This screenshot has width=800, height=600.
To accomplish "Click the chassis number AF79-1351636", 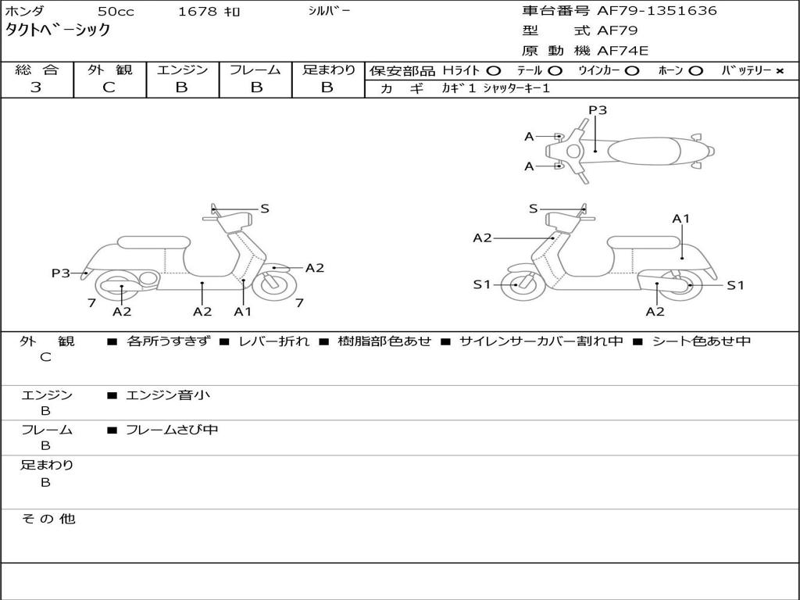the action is point(656,11).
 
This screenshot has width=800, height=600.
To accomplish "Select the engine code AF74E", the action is point(623,51).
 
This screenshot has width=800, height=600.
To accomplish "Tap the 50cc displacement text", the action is point(116,11).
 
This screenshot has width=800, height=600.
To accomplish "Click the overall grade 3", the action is point(36,87).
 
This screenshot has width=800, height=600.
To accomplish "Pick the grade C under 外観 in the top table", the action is point(109,87).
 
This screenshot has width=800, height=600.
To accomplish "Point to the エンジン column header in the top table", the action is point(182,70).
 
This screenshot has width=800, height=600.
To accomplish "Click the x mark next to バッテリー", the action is point(780,71).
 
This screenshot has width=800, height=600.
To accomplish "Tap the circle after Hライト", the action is point(494,71).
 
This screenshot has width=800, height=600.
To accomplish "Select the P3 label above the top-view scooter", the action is point(598,109).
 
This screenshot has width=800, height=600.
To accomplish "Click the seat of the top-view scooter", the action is point(644,152).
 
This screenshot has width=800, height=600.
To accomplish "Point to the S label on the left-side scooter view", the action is point(264,209).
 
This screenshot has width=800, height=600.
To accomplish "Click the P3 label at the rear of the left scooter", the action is point(61,273).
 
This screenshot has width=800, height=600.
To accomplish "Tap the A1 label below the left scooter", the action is point(243,311).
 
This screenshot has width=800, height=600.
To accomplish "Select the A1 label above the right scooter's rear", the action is point(680,219).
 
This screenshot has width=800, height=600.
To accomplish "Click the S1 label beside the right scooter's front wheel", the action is point(481,284).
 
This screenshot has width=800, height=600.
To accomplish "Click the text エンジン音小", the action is point(168,395).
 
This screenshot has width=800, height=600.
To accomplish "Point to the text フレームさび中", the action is point(172,430).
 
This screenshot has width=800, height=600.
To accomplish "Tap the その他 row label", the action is point(48,519).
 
